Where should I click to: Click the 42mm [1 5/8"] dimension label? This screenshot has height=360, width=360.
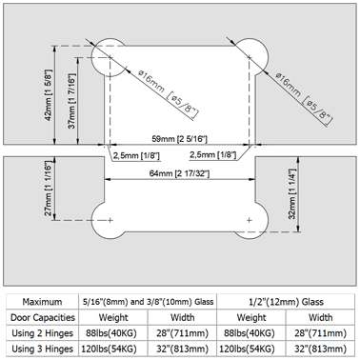point(49,94)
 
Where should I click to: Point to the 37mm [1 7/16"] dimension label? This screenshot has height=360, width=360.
point(72,101)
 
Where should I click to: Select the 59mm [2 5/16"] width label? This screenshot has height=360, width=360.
point(180,139)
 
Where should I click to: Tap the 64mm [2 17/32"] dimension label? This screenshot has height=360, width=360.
point(179,173)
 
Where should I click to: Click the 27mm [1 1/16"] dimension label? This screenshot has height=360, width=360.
point(48,189)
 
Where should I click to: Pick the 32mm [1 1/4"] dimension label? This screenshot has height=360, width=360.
point(292,193)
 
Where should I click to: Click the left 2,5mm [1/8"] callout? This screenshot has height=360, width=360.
point(136,155)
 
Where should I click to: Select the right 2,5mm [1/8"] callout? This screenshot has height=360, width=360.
point(213,155)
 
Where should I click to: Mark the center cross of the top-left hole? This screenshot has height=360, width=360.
point(110,57)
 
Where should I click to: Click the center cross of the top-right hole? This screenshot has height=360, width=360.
point(250,57)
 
